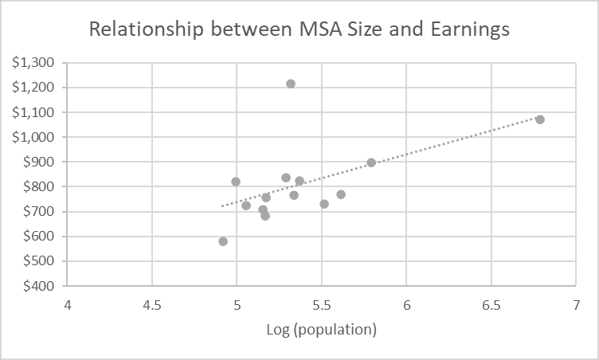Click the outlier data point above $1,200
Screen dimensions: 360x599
coord(291,84)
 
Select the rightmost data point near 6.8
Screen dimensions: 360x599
coord(540,119)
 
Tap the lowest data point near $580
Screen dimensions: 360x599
coord(223,241)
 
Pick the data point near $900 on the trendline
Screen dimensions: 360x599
coord(371,162)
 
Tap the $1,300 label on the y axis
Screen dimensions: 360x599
coord(34,63)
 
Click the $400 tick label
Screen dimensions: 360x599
coord(39,286)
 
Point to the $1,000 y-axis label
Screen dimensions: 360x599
coord(34,137)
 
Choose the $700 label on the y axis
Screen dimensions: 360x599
coord(39,211)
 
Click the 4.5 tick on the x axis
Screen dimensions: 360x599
coord(152,306)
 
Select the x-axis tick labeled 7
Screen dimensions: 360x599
coord(576,306)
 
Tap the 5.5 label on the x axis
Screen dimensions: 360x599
coord(322,306)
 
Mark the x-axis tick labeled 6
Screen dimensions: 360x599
coord(406,306)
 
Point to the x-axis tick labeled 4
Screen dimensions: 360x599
coord(68,306)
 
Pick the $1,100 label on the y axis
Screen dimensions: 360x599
coord(34,112)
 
